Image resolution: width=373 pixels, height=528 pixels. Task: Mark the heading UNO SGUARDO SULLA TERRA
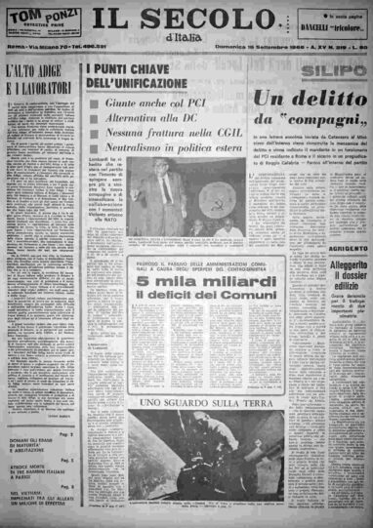191,400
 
